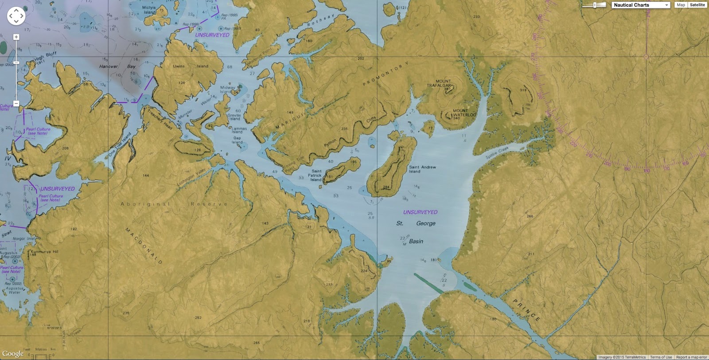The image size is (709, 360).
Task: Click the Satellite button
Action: [x=697, y=5]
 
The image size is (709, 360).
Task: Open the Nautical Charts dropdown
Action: [x=640, y=5]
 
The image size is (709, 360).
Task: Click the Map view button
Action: [x=681, y=5]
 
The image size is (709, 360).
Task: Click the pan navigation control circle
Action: [x=16, y=16]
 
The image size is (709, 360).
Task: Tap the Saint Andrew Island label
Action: [x=422, y=169]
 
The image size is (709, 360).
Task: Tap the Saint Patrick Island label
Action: [x=316, y=175]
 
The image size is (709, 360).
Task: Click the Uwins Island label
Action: [x=190, y=66]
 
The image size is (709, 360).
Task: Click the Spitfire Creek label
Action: [x=497, y=153]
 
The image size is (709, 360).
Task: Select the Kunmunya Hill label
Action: [x=44, y=252]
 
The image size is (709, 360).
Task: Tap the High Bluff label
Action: [x=45, y=57]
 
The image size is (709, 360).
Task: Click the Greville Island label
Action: [x=234, y=117]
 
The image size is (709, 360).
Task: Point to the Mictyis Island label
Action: [x=149, y=10]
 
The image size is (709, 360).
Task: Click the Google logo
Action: [x=13, y=353]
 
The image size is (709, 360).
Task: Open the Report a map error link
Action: [x=691, y=357]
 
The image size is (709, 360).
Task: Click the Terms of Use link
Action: [x=661, y=357]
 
